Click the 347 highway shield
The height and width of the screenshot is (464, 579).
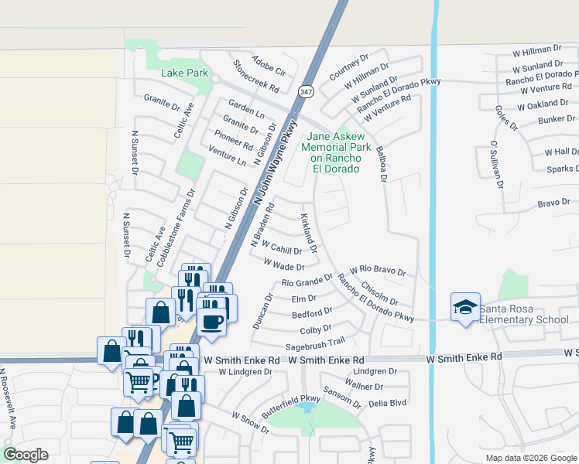pos(307,92)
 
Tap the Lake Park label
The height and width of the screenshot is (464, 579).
pos(185,73)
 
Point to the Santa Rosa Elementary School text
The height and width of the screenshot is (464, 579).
pos(523,314)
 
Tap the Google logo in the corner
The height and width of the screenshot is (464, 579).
pos(26,455)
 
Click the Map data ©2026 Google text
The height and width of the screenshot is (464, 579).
pos(530,458)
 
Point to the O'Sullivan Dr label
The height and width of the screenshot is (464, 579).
pos(496,165)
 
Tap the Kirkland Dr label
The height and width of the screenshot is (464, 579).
pos(309,233)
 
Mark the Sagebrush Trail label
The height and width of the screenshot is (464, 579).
pos(314,344)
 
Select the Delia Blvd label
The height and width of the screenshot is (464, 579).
pos(388,403)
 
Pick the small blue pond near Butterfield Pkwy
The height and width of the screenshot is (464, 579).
pos(307,406)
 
